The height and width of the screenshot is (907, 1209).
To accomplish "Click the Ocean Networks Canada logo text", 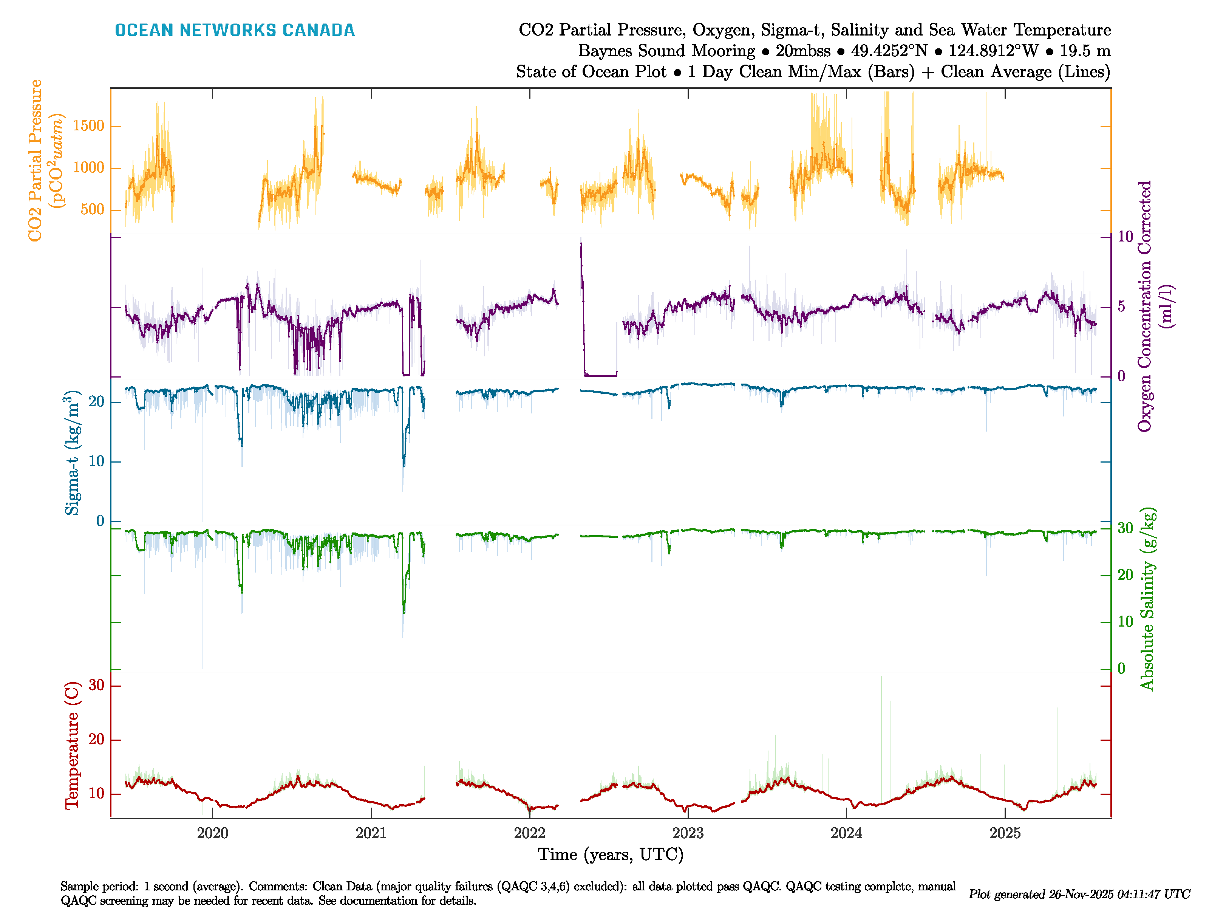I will coord(235,30).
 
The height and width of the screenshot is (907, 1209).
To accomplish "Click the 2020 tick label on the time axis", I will coord(213,833).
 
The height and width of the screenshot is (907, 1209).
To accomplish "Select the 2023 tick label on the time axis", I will coord(688,833).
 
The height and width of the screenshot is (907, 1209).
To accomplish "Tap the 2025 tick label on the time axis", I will coord(1005,833).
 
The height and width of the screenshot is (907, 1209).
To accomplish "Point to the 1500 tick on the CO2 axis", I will coord(88,126).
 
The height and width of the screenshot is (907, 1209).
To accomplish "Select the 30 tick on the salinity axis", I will coord(1125,528).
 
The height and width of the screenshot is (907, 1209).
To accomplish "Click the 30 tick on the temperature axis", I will coord(96,685).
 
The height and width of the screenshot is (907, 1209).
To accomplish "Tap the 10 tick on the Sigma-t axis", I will coord(96,461).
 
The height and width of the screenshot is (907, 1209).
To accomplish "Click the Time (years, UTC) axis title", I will coord(611,854).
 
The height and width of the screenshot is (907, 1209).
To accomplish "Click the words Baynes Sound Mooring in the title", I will coord(666,51).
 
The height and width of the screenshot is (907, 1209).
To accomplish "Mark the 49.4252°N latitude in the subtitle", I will coord(889,51).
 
